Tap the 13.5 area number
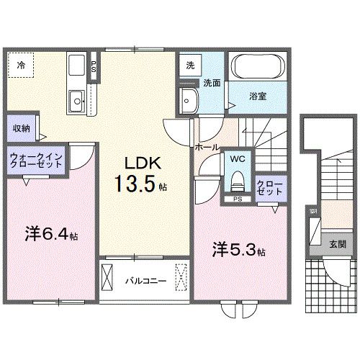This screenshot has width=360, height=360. click(134, 184)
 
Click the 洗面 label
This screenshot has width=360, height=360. click(212, 83)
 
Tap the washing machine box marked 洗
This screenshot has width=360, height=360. click(189, 64)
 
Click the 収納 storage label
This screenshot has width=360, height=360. click(21, 129)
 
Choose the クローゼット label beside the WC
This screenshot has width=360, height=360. click(268, 189)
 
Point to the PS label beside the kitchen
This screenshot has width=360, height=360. click(94, 66)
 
